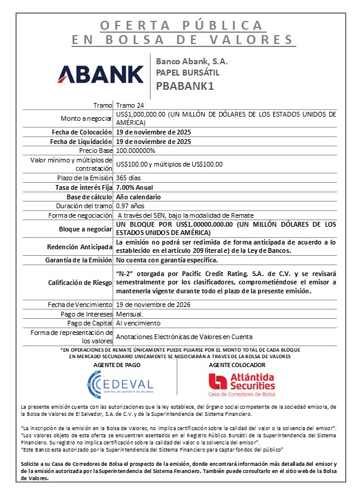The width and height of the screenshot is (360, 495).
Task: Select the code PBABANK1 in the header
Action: coord(184,85)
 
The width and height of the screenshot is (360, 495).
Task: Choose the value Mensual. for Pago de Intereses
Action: coord(130,314)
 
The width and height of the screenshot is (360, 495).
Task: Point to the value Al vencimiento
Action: coord(138,322)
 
